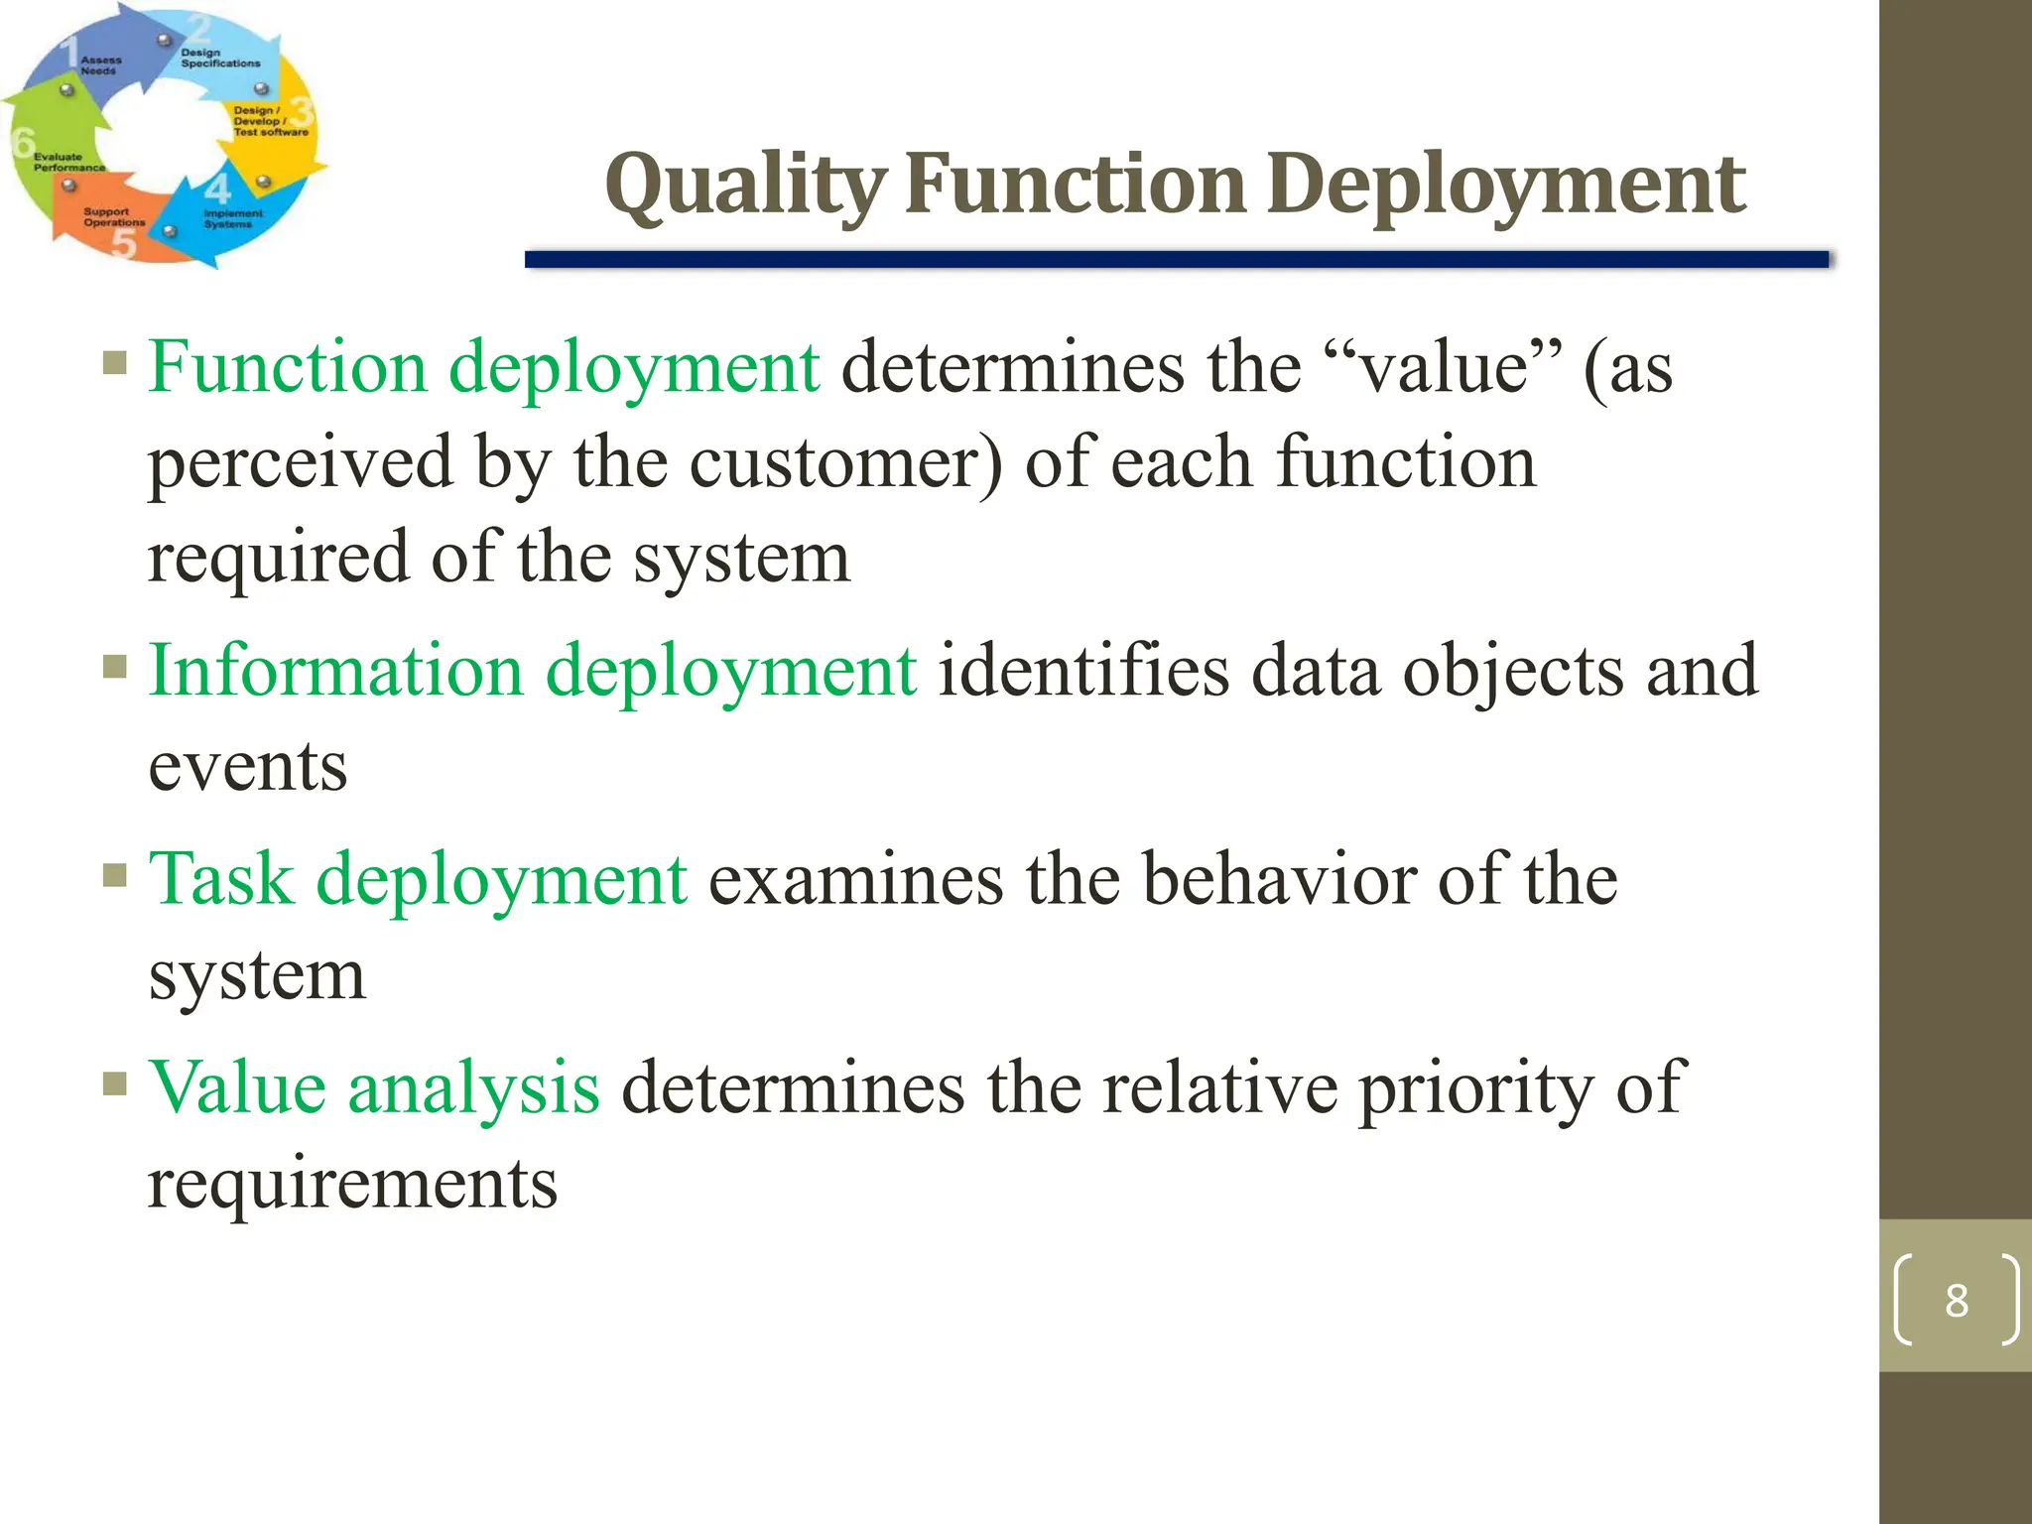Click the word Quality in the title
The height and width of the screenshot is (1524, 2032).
click(x=746, y=187)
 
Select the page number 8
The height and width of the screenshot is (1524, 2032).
click(x=1956, y=1301)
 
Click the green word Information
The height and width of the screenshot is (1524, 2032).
click(x=335, y=671)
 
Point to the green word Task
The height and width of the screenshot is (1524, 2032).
click(x=221, y=880)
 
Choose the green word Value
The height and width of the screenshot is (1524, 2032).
click(x=237, y=1088)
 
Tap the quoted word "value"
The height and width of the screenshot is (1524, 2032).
click(x=1443, y=368)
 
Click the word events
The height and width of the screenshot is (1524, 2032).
click(x=248, y=768)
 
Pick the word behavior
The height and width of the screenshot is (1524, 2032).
click(x=1279, y=880)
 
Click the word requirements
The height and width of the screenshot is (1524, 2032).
click(x=352, y=1185)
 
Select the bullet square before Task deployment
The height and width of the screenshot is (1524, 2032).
click(x=115, y=875)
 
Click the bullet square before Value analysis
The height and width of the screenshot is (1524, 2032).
click(x=115, y=1082)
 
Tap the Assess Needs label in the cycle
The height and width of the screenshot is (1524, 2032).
click(x=100, y=65)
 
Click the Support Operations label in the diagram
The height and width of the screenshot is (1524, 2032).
click(x=113, y=217)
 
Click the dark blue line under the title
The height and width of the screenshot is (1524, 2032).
click(x=1176, y=260)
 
